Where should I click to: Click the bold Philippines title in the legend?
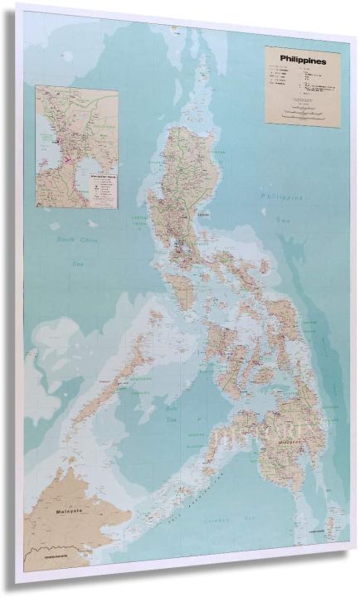coord(303,61)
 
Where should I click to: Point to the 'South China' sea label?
coord(72,240)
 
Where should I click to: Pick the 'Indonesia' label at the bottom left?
coord(48,570)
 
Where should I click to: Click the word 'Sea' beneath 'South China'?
coord(78,264)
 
